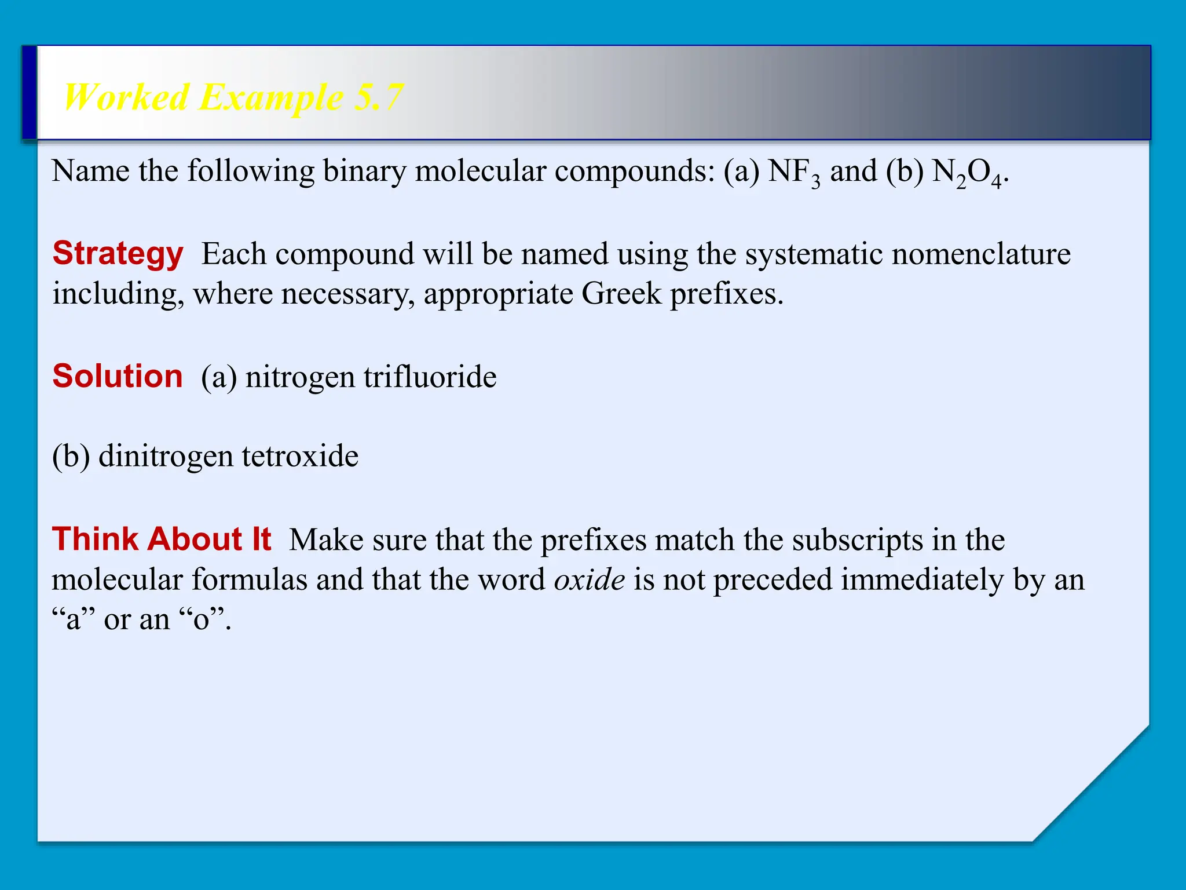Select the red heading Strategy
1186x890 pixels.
tap(118, 253)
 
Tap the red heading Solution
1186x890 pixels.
tap(118, 376)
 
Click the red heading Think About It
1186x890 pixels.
tap(162, 539)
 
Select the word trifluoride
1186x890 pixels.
tap(430, 377)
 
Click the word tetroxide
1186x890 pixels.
tap(300, 456)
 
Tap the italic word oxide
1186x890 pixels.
tap(589, 579)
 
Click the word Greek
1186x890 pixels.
tap(621, 294)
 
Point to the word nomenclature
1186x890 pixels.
tap(981, 254)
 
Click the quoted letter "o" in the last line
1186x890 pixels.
tap(201, 619)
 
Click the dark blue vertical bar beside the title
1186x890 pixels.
tap(30, 93)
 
